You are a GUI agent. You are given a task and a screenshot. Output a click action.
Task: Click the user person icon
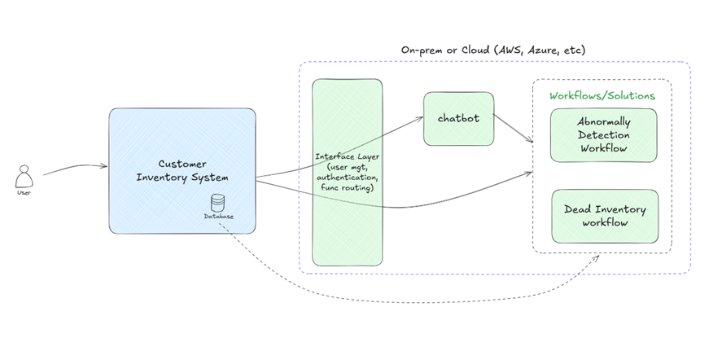(24, 176)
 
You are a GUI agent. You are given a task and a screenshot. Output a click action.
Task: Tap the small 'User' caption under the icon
(24, 193)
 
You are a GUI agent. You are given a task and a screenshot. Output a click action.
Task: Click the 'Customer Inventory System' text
(182, 169)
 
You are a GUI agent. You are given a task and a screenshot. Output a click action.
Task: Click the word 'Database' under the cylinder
(218, 217)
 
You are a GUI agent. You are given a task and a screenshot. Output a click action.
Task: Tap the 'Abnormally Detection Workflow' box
(603, 134)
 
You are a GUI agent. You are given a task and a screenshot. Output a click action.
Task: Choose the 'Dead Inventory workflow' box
(605, 216)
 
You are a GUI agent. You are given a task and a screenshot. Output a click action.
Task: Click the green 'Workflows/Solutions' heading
(602, 95)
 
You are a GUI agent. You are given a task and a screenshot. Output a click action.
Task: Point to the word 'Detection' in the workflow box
(603, 135)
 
